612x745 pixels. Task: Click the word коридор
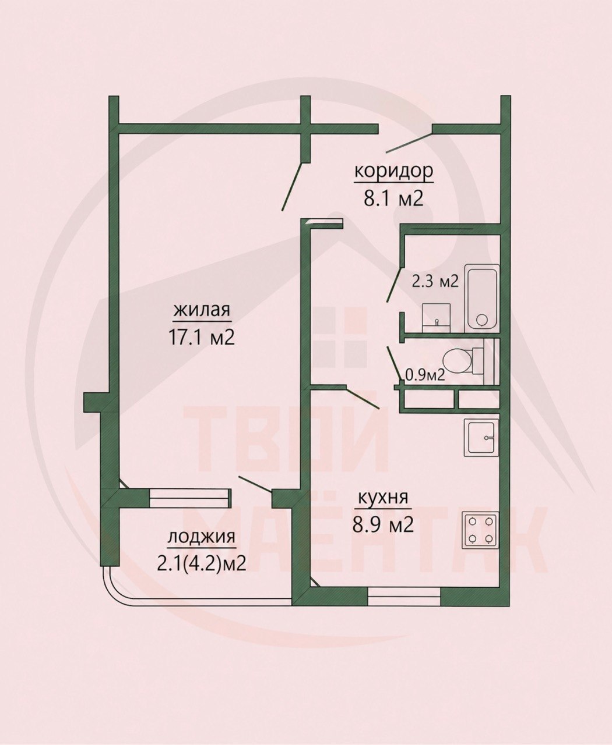[x=393, y=172]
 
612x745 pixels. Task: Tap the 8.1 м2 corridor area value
[x=393, y=198]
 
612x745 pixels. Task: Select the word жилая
[x=202, y=310]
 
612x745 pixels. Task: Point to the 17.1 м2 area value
[x=202, y=338]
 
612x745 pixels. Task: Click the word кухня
[x=384, y=498]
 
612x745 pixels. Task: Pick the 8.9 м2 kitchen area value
[x=383, y=525]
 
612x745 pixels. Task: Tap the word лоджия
[x=201, y=537]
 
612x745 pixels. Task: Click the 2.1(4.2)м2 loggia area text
[x=201, y=563]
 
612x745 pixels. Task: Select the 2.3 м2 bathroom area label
[x=435, y=282]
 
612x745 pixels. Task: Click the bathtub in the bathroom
[x=482, y=298]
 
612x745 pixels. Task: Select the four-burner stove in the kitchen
[x=480, y=530]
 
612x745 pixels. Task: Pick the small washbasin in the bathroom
[x=437, y=317]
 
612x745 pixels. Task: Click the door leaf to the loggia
[x=255, y=484]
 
